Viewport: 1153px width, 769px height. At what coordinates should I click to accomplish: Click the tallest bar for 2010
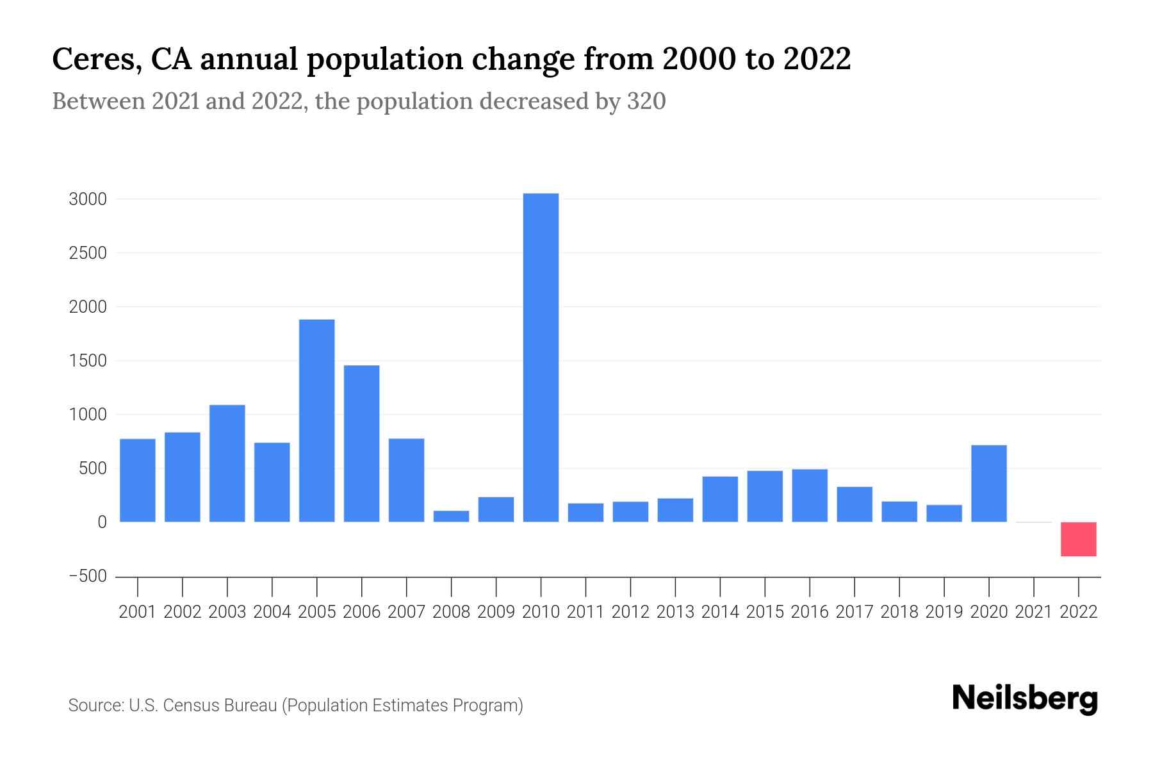[x=541, y=358]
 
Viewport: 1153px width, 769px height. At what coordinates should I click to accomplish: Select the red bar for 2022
[x=1079, y=539]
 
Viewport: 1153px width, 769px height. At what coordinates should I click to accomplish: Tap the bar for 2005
[x=317, y=420]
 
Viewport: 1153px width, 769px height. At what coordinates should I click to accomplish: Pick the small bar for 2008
[x=452, y=516]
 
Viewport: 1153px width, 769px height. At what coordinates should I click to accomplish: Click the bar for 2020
[x=989, y=483]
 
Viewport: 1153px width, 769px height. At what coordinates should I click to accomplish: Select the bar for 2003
[x=227, y=463]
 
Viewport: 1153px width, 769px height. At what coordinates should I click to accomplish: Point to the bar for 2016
[x=810, y=495]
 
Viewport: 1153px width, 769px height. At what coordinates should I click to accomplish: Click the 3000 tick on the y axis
[x=88, y=199]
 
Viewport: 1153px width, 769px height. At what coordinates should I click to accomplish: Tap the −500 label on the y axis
[x=88, y=576]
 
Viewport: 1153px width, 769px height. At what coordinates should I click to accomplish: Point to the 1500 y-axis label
[x=88, y=361]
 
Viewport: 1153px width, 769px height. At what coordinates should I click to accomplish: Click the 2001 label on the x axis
[x=138, y=612]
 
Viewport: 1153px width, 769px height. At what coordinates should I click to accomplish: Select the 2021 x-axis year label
[x=1034, y=612]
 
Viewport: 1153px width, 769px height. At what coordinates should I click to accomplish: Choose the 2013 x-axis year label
[x=675, y=612]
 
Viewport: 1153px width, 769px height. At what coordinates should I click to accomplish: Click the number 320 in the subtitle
[x=646, y=101]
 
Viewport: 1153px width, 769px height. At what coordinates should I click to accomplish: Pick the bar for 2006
[x=362, y=443]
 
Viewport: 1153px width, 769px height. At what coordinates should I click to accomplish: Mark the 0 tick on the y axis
[x=102, y=522]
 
